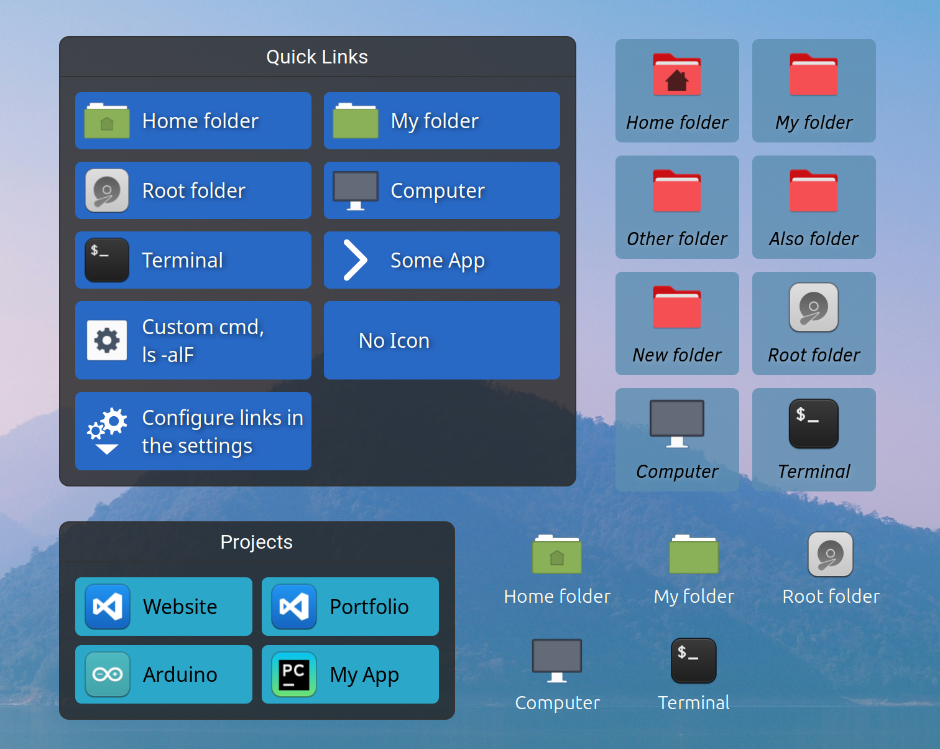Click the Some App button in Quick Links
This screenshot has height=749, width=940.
point(441,260)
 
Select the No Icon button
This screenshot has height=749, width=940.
point(441,340)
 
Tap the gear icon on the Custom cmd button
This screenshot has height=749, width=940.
point(107,340)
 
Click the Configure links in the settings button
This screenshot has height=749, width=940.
point(193,431)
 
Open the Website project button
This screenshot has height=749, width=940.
point(164,607)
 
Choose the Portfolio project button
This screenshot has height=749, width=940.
point(350,607)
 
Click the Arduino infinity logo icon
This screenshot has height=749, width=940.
point(107,674)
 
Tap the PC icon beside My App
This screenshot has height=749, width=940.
point(293,674)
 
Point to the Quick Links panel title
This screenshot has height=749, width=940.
point(317,57)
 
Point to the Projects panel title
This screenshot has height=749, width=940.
point(256,542)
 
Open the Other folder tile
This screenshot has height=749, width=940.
point(677,207)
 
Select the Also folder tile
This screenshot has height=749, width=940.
point(814,207)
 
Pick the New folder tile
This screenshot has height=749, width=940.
point(677,323)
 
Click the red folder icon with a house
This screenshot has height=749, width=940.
point(677,74)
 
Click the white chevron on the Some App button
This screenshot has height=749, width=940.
point(355,260)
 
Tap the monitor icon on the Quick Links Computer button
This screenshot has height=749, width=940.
point(356,190)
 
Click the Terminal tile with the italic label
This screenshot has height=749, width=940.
point(814,440)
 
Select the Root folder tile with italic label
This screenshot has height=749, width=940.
point(814,323)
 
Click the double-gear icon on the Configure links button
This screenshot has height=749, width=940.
point(107,431)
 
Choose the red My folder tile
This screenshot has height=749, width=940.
point(814,91)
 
